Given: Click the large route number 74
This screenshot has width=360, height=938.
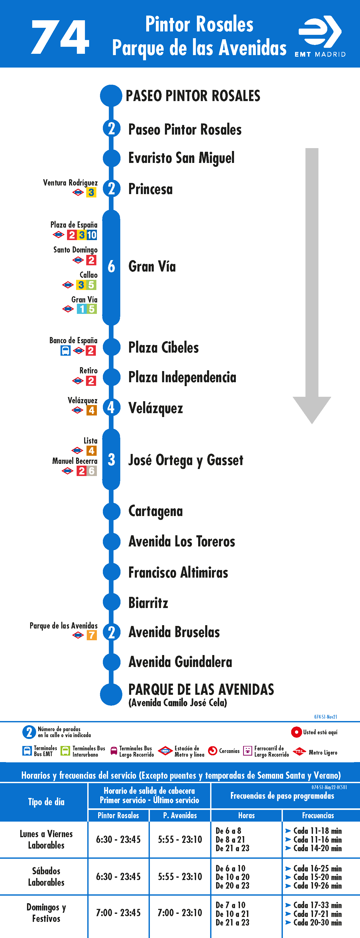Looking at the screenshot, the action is click(60, 37).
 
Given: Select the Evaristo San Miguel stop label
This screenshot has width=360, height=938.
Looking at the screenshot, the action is click(181, 158).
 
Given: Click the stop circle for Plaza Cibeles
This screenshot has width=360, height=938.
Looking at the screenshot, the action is click(111, 347).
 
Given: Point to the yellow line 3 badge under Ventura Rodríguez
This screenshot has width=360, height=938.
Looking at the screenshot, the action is click(91, 192).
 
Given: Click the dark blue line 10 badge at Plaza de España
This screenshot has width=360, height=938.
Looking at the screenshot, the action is click(92, 235).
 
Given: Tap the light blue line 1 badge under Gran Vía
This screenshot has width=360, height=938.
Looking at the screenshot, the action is click(82, 309).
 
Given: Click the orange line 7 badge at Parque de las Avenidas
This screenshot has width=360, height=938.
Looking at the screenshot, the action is click(92, 635).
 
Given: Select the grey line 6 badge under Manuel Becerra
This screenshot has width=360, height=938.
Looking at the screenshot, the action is click(92, 471).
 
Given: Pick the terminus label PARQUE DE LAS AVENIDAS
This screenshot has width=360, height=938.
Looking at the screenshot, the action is click(201, 689).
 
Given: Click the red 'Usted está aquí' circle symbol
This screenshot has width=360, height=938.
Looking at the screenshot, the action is click(296, 732).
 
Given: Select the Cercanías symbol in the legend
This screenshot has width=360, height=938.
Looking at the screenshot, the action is click(212, 751).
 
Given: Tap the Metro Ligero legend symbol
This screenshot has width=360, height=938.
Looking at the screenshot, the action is click(299, 751).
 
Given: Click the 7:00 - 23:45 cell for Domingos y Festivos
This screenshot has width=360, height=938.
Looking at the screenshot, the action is click(118, 913).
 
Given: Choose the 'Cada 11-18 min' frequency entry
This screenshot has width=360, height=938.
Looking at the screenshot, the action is click(317, 831).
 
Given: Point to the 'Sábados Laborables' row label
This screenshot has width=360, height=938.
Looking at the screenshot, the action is click(46, 876).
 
